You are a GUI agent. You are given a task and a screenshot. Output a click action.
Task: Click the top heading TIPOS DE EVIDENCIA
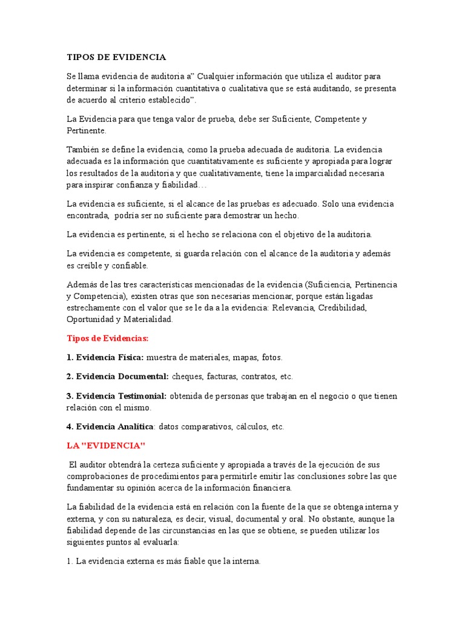(116, 57)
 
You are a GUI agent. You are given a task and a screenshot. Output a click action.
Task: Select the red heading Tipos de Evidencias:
(107, 338)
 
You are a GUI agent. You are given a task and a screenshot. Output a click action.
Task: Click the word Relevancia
(293, 307)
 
